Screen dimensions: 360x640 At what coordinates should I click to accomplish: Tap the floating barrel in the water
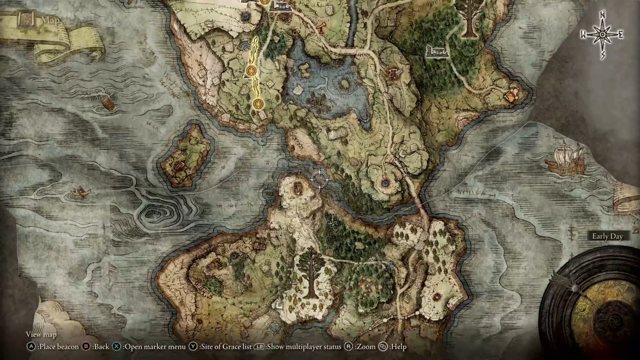point(108,104)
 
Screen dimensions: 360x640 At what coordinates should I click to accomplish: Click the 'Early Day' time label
point(607,236)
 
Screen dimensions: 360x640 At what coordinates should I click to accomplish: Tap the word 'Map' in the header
point(50,21)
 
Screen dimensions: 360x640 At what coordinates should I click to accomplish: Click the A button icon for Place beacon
point(31,347)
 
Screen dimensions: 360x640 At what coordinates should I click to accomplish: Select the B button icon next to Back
point(86,347)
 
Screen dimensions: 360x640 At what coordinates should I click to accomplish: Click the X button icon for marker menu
point(116,347)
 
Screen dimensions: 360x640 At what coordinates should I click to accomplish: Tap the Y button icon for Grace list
point(193,347)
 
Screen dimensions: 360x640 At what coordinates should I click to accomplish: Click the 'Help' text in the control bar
point(399,347)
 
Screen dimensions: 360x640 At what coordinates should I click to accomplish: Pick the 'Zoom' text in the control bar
point(366,347)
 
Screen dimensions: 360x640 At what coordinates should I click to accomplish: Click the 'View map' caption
point(41,334)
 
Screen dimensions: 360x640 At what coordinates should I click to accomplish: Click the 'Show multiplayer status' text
point(304,347)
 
